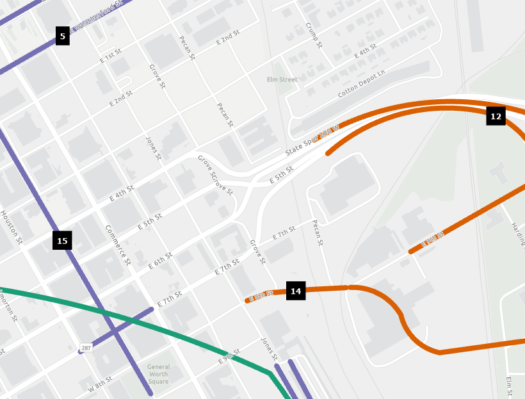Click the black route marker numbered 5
pyautogui.click(x=62, y=37)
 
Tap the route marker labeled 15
pyautogui.click(x=62, y=241)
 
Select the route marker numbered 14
pyautogui.click(x=296, y=291)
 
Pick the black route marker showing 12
pyautogui.click(x=496, y=116)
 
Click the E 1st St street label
pyautogui.click(x=111, y=58)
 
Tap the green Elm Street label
pyautogui.click(x=282, y=79)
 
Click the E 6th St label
pyautogui.click(x=160, y=259)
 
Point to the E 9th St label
pyautogui.click(x=229, y=355)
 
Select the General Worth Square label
pyautogui.click(x=158, y=374)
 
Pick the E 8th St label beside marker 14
pyautogui.click(x=261, y=295)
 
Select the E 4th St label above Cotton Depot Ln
pyautogui.click(x=366, y=50)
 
